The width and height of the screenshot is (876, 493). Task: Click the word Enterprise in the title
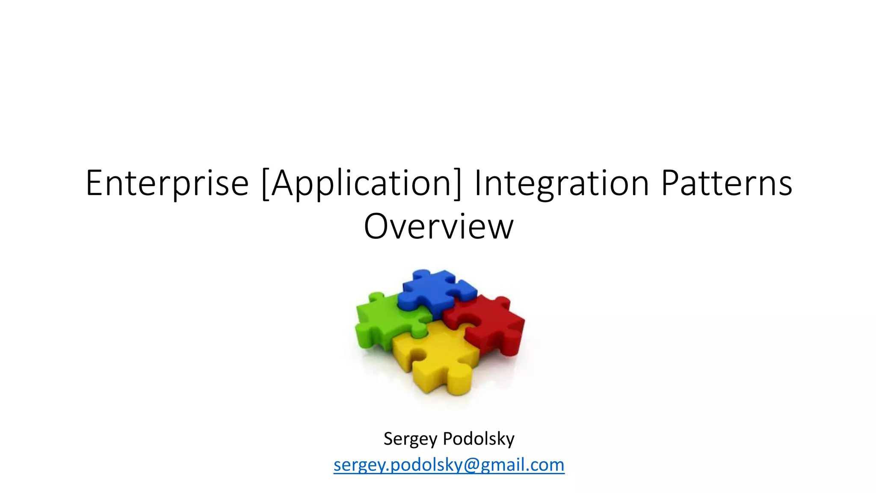point(167,183)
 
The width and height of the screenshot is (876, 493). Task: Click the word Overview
point(438,226)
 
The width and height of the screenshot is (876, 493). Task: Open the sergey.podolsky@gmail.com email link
point(449,465)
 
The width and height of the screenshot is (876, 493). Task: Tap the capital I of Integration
point(478,183)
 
